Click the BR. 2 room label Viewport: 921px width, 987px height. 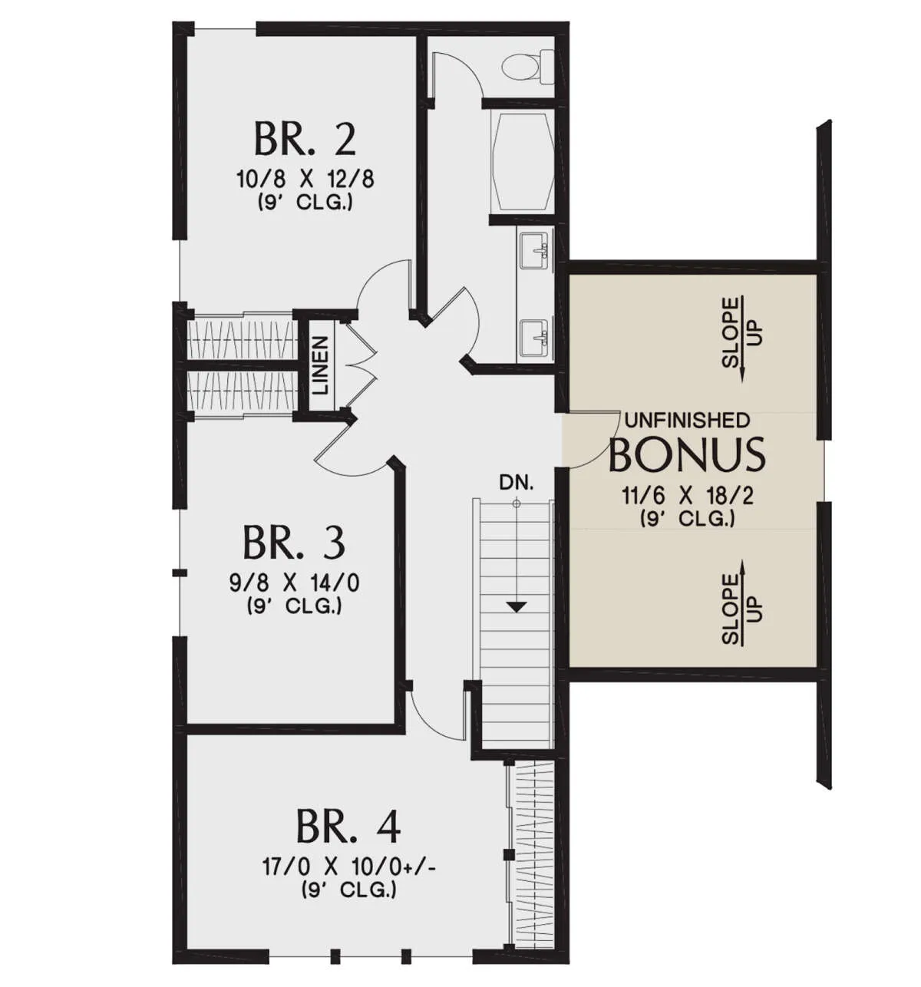(x=304, y=140)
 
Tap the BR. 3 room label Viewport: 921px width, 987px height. (x=293, y=543)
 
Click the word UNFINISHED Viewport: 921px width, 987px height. (x=686, y=421)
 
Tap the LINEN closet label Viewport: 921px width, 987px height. (x=321, y=365)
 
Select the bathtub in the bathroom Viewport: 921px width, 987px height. (x=522, y=161)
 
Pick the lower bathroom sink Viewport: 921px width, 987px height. (x=534, y=338)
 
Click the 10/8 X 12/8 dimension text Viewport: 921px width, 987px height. (x=305, y=179)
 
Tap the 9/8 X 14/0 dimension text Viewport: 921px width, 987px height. (x=294, y=583)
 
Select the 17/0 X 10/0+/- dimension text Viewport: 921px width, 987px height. (x=349, y=867)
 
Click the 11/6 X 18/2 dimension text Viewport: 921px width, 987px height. (x=686, y=496)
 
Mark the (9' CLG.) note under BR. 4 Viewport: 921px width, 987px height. (x=349, y=890)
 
